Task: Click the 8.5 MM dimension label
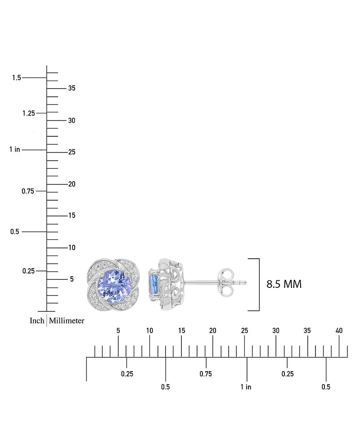click(x=284, y=284)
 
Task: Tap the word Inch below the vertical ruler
click(x=37, y=320)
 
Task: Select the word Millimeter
click(x=67, y=320)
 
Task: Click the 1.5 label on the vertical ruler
click(x=17, y=77)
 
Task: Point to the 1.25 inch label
click(x=29, y=113)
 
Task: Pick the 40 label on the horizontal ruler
click(x=339, y=331)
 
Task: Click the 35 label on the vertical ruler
click(x=72, y=88)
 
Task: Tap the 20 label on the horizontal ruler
click(x=213, y=331)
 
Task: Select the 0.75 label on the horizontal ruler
click(x=206, y=374)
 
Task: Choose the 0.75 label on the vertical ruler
click(x=28, y=191)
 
